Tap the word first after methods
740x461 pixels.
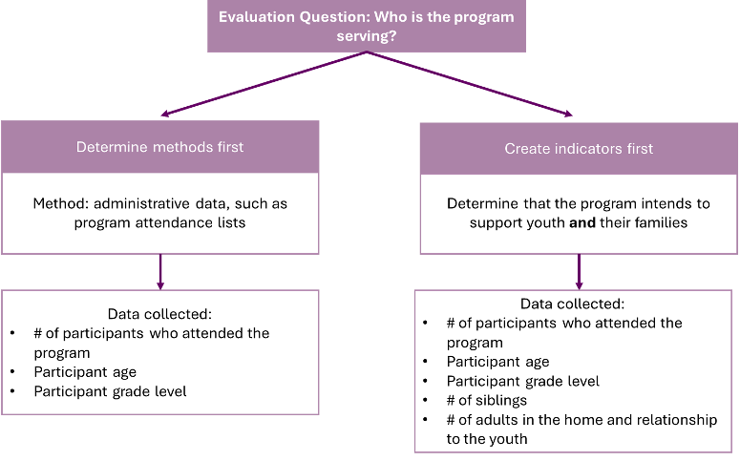[227, 147]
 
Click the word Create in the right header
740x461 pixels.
[526, 149]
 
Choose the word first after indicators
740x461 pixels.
[637, 149]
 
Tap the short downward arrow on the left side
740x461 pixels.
[160, 272]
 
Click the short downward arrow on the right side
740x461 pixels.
[579, 272]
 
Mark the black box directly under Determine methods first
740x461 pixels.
[160, 213]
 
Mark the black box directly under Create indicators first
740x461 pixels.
[579, 214]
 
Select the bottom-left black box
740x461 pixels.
[160, 352]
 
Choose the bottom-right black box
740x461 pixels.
[573, 371]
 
